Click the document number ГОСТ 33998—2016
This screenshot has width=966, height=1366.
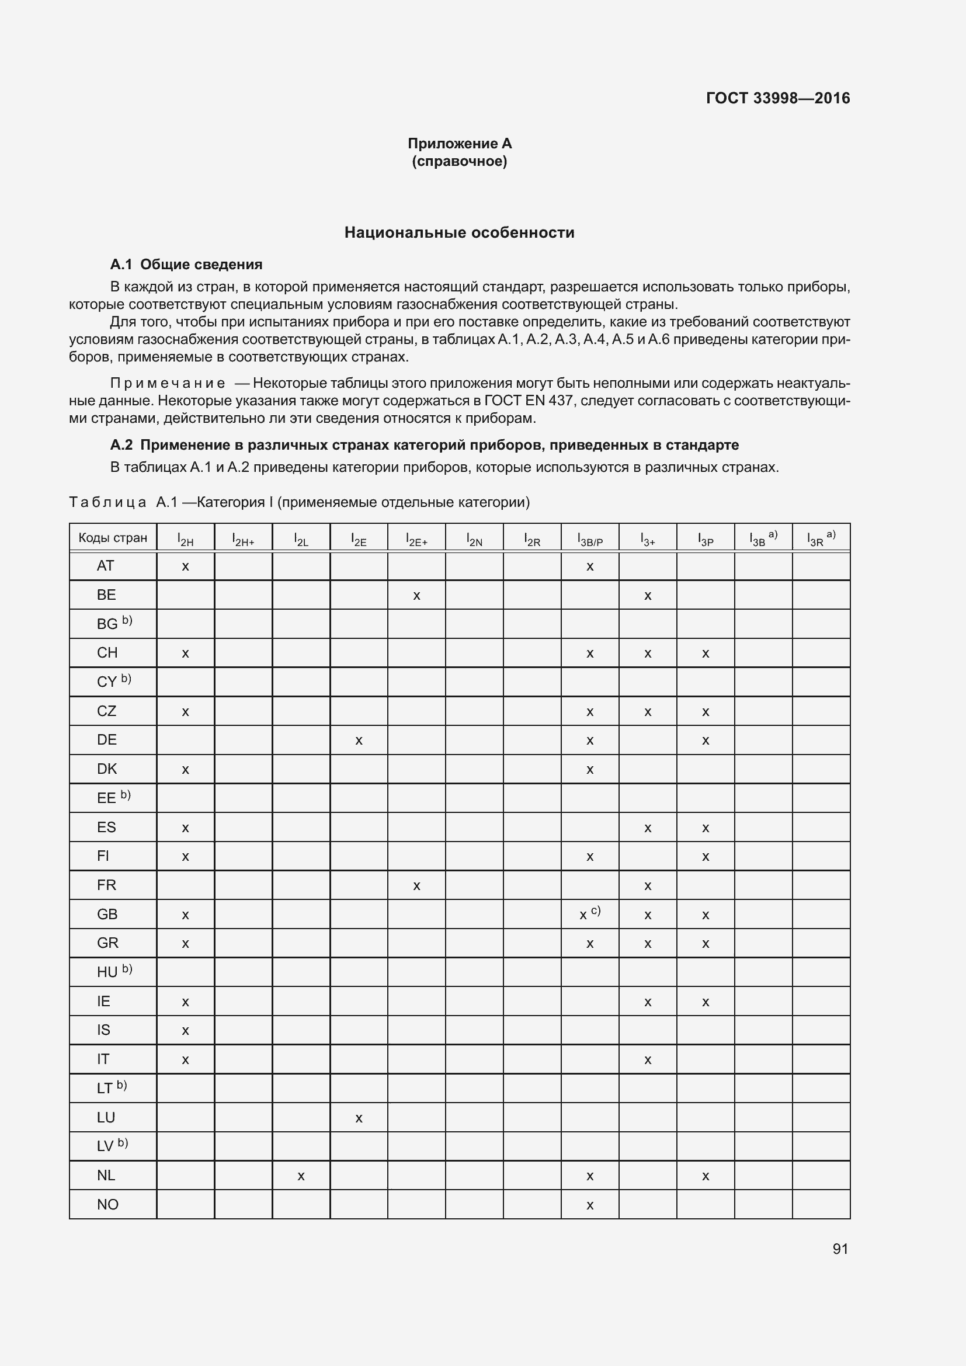(x=777, y=98)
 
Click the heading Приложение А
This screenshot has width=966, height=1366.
(x=459, y=144)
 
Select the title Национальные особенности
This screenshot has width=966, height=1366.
(x=459, y=232)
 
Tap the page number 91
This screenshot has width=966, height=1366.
(x=840, y=1249)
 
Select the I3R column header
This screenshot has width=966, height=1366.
(x=820, y=538)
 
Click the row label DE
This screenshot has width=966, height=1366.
(x=106, y=739)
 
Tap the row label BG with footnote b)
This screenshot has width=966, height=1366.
(x=114, y=623)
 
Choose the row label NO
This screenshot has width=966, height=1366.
(x=107, y=1204)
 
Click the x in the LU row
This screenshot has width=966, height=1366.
(x=359, y=1118)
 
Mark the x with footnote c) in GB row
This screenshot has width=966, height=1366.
(x=589, y=915)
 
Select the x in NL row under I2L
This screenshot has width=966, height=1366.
(x=301, y=1176)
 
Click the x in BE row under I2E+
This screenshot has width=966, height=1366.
(x=416, y=596)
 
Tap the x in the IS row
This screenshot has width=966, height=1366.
(x=185, y=1030)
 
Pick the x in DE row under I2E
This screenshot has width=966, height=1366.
(x=359, y=741)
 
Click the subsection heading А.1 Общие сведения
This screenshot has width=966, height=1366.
(x=186, y=264)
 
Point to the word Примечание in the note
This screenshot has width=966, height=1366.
(x=167, y=383)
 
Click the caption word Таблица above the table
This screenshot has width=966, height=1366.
(x=107, y=502)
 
